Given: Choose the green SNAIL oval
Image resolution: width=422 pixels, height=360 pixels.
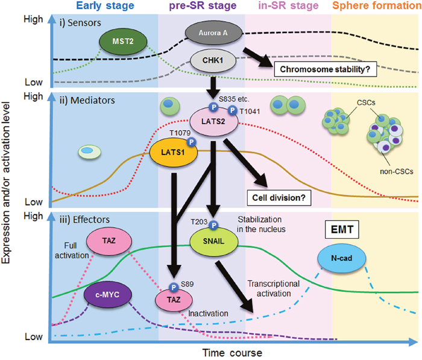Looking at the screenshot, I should coord(213,241).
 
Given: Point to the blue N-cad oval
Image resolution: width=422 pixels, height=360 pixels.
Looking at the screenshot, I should coord(341,259).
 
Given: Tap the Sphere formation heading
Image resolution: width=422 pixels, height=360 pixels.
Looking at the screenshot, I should coord(376,6).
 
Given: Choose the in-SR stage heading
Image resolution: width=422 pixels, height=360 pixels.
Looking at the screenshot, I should coord(288,6).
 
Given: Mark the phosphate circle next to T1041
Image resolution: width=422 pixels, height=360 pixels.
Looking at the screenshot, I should coord(231,112).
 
